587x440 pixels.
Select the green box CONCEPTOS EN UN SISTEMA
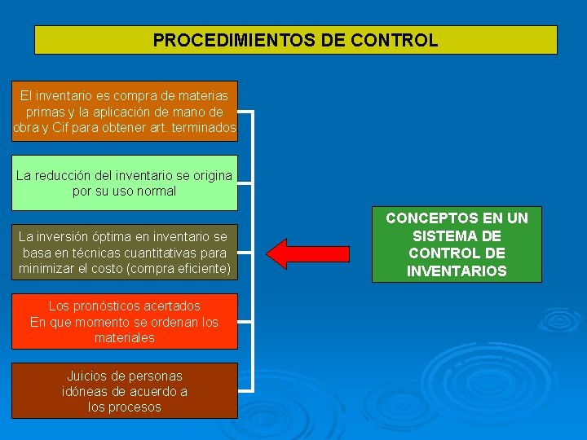click(457, 244)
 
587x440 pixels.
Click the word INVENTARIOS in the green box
click(457, 271)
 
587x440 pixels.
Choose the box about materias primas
click(125, 112)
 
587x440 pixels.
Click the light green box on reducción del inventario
click(125, 183)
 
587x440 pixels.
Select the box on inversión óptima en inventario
click(125, 253)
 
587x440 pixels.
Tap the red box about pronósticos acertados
click(125, 322)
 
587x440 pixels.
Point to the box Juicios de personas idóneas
click(125, 391)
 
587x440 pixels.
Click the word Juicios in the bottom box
click(88, 376)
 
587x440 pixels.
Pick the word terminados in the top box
click(205, 128)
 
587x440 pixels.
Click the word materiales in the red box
click(125, 337)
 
